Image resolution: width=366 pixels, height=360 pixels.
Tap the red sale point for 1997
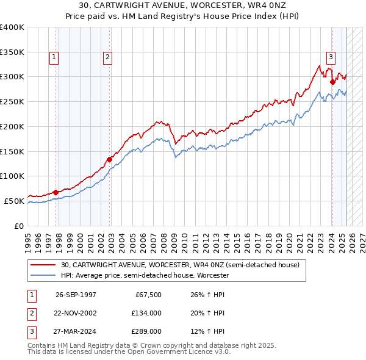pos(56,192)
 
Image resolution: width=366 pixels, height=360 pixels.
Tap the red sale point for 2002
pos(110,159)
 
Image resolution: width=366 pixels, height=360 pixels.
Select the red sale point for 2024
pos(332,82)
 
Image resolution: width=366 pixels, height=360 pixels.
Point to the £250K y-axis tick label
pos(12,101)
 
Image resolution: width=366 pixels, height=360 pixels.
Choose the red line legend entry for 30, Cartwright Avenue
pos(180,265)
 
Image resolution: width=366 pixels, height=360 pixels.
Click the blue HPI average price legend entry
pos(145,276)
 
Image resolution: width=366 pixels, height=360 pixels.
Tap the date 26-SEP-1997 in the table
pos(76,295)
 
